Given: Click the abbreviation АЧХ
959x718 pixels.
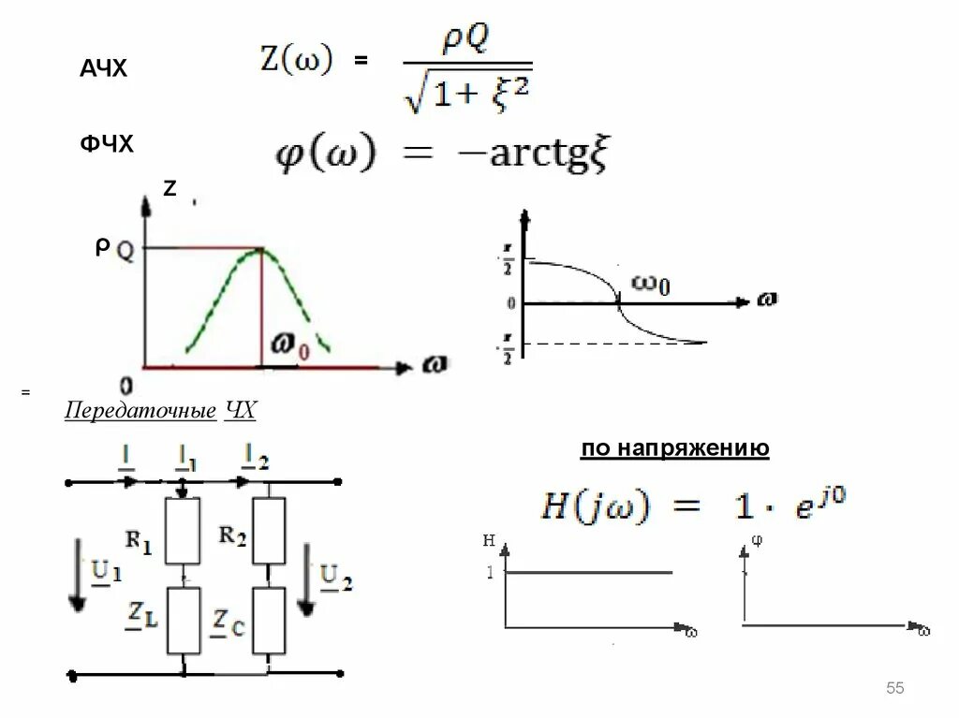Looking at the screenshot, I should point(103,68).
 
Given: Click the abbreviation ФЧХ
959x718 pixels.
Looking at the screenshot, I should point(107,145).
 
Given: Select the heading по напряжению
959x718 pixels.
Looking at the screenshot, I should point(674,449).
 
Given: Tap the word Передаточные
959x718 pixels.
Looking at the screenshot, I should point(140,413).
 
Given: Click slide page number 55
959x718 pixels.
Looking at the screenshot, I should point(894,689).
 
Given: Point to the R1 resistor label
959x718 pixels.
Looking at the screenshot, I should point(139,541).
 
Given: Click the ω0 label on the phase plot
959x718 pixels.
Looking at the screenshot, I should point(650,284).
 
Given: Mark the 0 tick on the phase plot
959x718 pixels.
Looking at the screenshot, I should point(510,304).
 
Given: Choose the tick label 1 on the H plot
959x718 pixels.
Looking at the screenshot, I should point(490,572).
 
